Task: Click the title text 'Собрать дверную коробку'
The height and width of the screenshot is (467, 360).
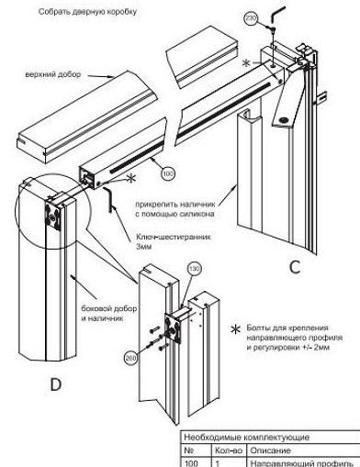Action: coord(87,12)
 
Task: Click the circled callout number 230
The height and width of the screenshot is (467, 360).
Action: coord(251,18)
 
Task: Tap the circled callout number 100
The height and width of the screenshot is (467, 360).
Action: coord(167,174)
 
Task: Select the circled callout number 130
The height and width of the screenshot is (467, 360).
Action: coord(194,269)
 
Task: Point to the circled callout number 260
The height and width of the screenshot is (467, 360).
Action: coord(131,357)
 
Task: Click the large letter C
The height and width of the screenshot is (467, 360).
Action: coord(295,267)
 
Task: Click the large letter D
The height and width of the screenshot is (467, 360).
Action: coord(56,384)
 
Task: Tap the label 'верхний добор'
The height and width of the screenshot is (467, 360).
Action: coord(53,74)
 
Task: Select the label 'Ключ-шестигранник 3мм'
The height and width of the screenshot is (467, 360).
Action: coord(174,241)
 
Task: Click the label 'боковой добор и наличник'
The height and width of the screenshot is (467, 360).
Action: coord(109,313)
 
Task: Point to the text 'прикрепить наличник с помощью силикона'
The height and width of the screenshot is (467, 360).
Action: coord(175,209)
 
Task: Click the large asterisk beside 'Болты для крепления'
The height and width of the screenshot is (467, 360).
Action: coord(235,329)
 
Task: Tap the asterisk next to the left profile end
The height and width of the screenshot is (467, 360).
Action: coord(131,178)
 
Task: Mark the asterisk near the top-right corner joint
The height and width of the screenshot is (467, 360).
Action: coord(246,63)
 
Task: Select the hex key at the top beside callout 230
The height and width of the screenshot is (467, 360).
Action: coord(277,14)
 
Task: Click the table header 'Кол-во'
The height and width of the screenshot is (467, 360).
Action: coord(229,450)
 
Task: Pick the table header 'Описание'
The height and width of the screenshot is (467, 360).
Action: coord(271,450)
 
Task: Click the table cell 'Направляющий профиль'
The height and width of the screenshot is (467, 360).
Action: coord(302,463)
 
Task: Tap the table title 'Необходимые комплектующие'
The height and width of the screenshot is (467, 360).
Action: coord(247,438)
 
